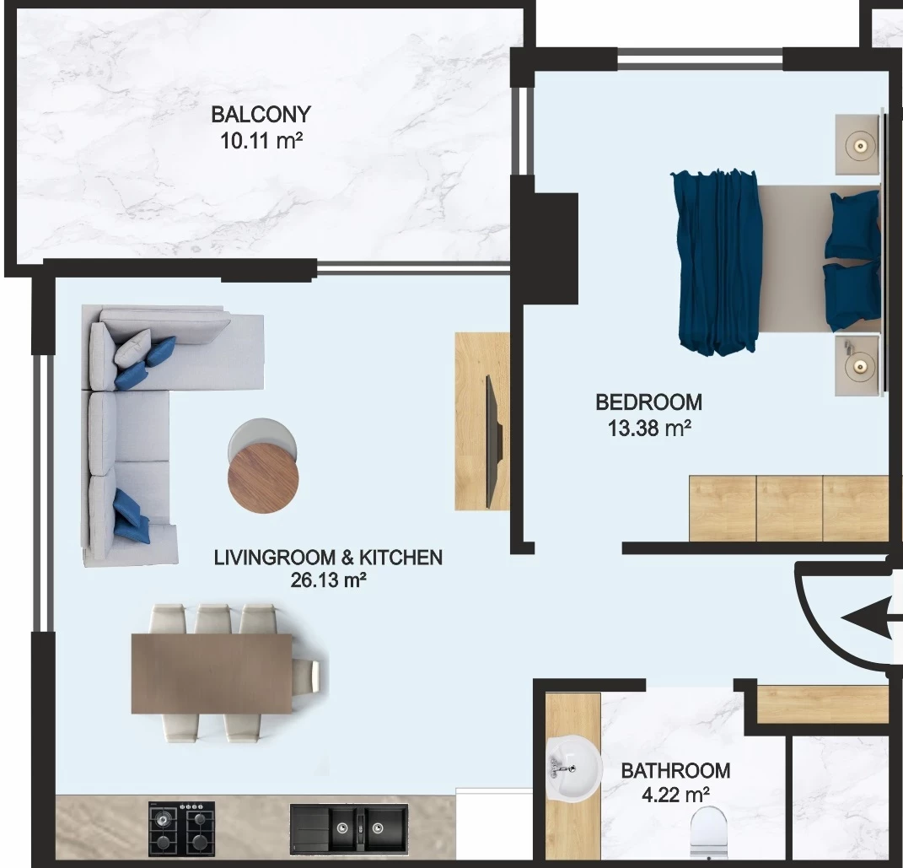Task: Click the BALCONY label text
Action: pos(261,114)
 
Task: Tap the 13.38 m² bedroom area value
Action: pos(649,429)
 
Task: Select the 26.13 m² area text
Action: pos(328,580)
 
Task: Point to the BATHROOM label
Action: pos(675,770)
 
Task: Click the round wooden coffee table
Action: pos(263,479)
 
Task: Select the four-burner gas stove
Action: pos(181,828)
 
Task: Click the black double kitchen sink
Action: pos(348,828)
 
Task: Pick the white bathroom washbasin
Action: pos(573,768)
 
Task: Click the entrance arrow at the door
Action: pos(871,619)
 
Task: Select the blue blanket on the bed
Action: pos(717,261)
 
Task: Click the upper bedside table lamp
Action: pos(860,146)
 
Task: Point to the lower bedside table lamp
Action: pos(858,366)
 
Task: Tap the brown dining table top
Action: pos(212,673)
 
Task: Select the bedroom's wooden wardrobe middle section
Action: pos(789,508)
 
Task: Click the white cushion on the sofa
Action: pos(132,348)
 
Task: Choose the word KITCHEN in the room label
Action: pos(400,558)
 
